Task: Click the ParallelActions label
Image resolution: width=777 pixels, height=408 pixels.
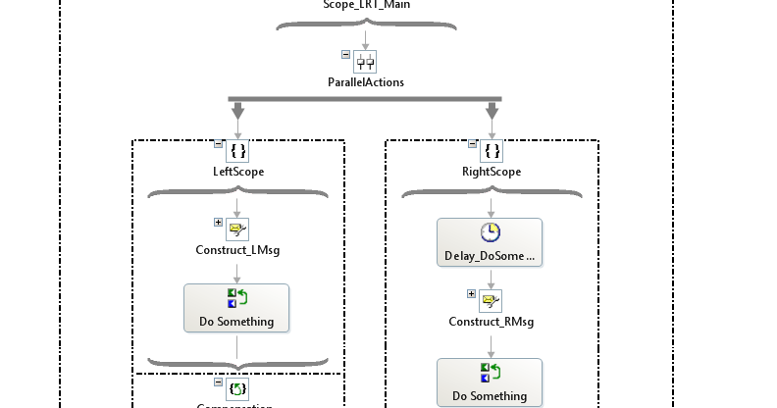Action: (365, 82)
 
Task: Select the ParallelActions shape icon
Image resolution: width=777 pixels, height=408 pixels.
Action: (365, 62)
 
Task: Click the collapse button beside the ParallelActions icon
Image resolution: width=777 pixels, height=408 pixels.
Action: (345, 55)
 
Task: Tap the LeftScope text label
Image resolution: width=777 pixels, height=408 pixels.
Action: (237, 172)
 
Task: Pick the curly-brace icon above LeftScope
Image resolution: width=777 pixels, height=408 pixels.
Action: (237, 151)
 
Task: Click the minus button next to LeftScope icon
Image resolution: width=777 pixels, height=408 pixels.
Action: (219, 144)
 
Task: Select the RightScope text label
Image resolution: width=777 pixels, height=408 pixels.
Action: (491, 172)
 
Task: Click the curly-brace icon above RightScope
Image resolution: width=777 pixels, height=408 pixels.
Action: (492, 151)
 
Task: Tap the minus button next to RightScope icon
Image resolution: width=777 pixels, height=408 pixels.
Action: (472, 144)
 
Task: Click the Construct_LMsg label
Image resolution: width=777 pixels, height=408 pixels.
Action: (237, 250)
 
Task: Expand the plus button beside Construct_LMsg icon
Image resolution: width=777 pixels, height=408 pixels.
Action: (219, 223)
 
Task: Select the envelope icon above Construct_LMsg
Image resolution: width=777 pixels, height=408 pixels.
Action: (237, 229)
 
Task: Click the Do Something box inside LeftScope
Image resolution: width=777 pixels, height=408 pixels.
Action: (236, 308)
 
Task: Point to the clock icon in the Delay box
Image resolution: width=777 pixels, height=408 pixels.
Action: (490, 232)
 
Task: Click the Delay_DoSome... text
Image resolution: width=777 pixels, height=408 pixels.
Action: (490, 257)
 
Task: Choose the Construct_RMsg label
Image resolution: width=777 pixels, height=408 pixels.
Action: (491, 322)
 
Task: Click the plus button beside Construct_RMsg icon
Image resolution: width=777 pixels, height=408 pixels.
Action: (472, 294)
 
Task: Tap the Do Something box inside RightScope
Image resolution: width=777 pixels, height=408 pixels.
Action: (490, 382)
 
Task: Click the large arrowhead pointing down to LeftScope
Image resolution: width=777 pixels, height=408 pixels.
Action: (237, 112)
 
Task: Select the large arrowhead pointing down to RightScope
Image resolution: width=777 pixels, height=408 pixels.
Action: (492, 112)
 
